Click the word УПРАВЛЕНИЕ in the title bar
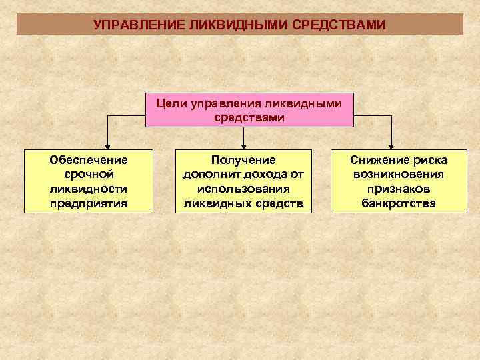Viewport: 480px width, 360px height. click(139, 25)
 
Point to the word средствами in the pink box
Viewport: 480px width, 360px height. click(249, 117)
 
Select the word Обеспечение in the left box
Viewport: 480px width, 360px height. click(89, 160)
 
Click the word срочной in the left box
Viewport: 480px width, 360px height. click(89, 174)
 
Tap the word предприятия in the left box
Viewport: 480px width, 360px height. click(89, 203)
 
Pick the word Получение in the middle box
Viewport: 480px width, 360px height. click(243, 160)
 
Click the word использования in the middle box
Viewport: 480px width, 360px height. click(243, 189)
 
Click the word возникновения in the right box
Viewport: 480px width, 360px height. click(399, 174)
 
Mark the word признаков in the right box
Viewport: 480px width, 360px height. click(399, 189)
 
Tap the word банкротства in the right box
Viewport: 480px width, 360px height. click(399, 203)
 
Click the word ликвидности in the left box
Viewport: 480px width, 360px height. click(89, 189)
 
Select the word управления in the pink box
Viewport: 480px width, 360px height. click(227, 104)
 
